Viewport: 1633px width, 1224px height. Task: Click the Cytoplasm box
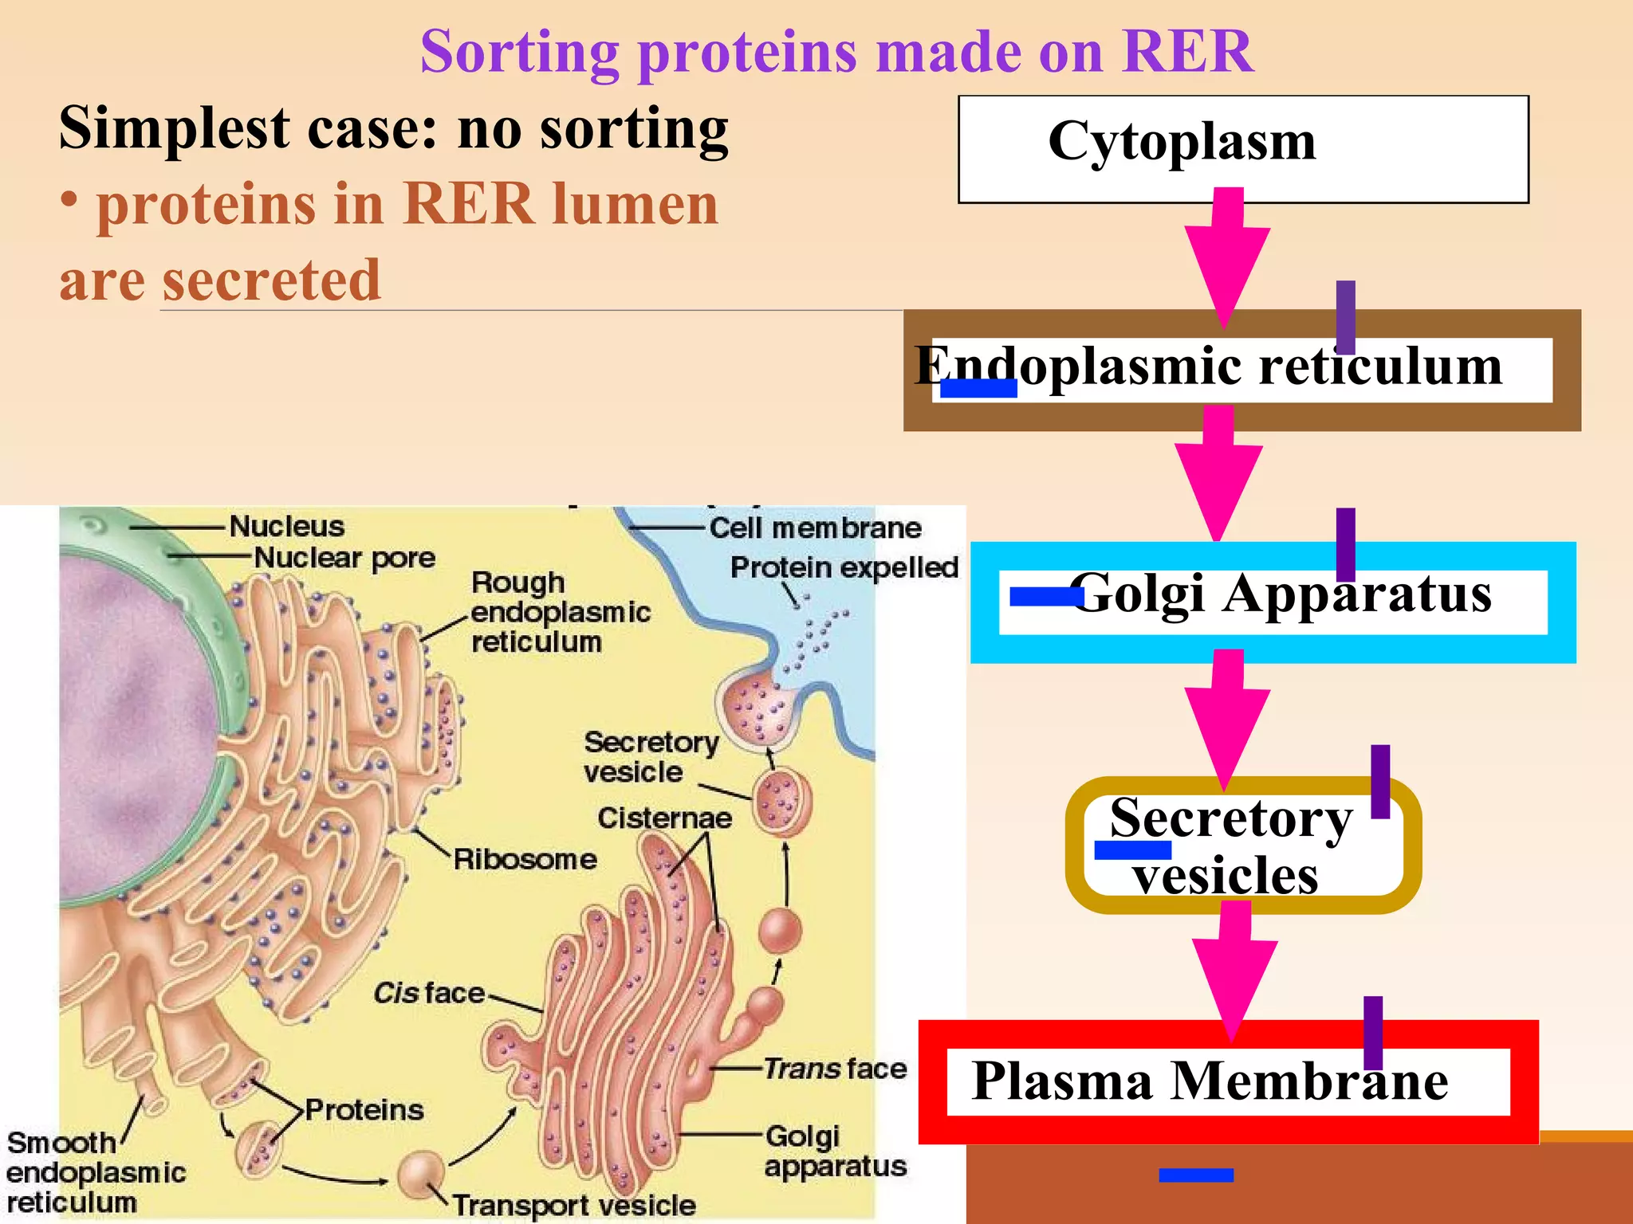1242,148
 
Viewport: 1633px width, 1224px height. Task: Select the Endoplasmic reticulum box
1241,370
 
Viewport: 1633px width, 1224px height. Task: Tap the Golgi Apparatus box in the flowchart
1273,602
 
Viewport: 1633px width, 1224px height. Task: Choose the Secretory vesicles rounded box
1242,845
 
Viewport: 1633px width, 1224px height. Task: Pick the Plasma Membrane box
1228,1081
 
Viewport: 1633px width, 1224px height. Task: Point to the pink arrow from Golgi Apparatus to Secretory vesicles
1226,717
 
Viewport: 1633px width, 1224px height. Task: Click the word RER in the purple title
1187,52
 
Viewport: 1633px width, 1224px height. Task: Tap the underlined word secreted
271,280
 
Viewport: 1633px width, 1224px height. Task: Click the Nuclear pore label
344,558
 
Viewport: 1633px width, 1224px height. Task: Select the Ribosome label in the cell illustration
525,859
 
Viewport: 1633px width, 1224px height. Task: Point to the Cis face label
429,993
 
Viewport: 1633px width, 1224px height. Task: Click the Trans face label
835,1068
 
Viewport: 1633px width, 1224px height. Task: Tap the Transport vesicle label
574,1205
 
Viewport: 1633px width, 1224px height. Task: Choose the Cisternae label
664,818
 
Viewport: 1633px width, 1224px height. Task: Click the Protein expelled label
844,567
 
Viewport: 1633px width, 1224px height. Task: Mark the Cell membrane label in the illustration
815,528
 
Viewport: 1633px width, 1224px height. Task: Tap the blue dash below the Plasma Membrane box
1196,1175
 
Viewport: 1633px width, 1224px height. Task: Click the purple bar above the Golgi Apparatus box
1345,544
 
